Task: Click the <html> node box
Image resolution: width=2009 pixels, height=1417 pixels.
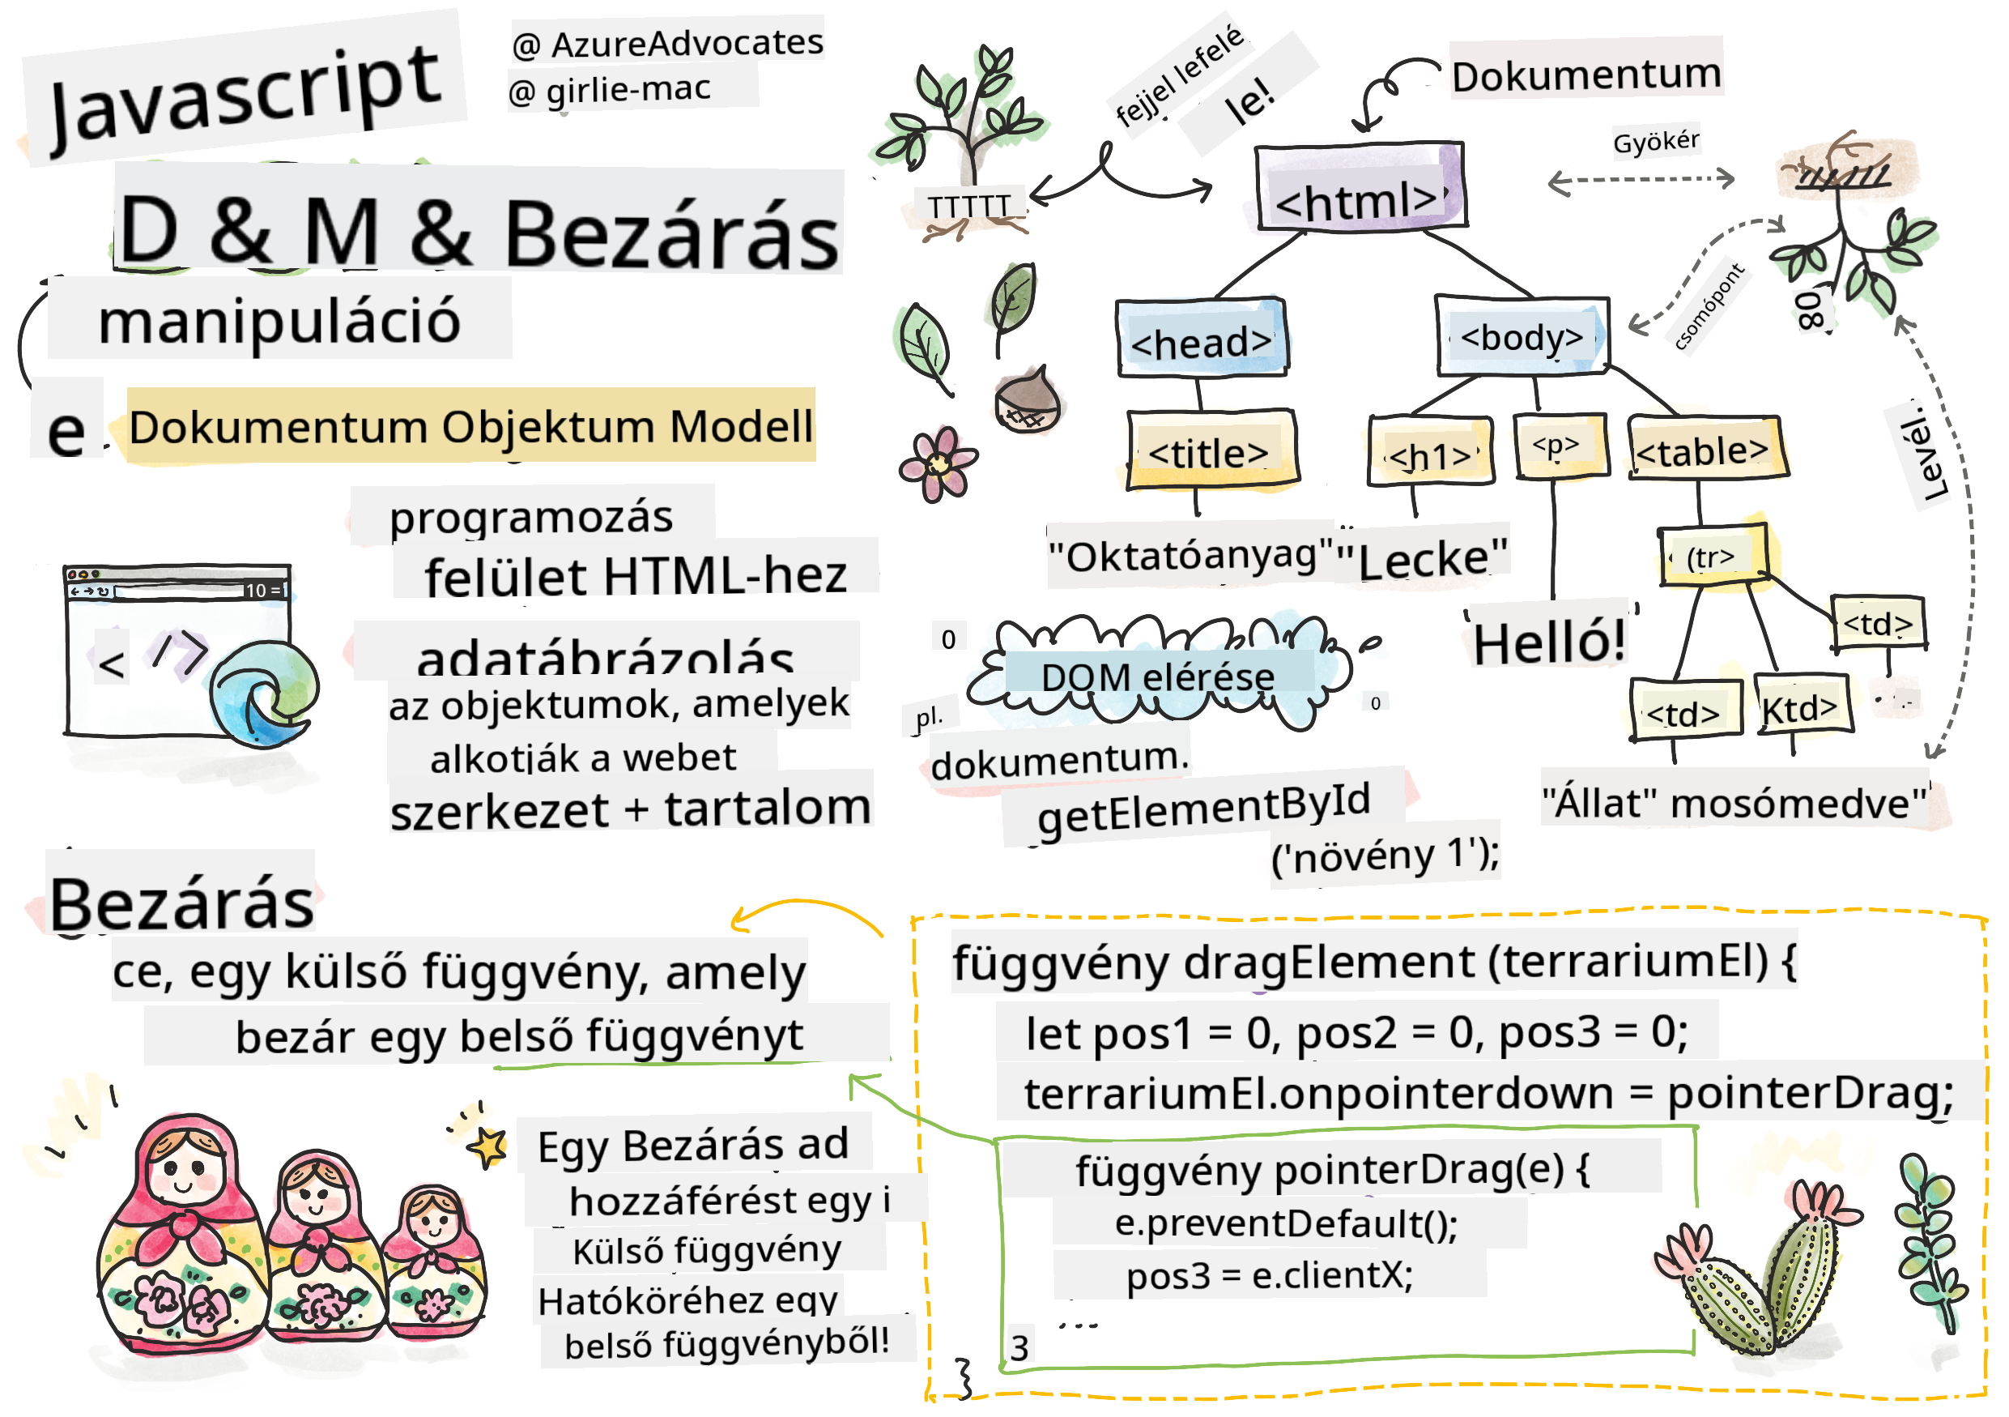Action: point(1359,187)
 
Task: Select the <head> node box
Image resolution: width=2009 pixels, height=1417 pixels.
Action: point(1201,339)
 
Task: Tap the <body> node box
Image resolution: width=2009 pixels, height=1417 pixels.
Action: point(1522,336)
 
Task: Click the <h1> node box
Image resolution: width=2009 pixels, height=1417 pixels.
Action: point(1429,451)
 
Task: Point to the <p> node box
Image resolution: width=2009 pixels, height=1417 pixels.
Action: point(1560,446)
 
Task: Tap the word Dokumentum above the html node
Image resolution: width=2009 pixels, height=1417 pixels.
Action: point(1585,75)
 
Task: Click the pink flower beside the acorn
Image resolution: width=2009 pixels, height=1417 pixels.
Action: point(937,464)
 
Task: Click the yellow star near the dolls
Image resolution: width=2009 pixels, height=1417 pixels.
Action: point(488,1146)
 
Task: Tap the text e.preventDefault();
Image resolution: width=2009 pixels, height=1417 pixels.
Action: point(1286,1223)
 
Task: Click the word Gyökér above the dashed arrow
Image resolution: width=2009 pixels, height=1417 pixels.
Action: point(1655,140)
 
